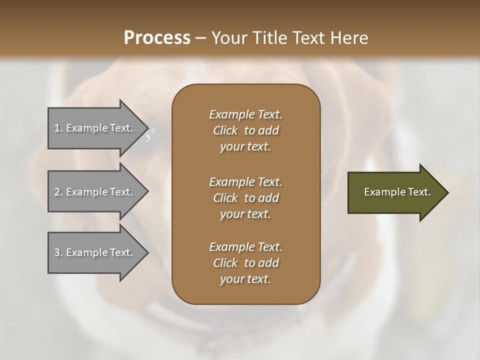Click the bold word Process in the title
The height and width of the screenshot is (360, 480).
[157, 38]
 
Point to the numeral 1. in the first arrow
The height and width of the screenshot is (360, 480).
[58, 128]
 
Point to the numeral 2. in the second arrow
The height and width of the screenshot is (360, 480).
[58, 192]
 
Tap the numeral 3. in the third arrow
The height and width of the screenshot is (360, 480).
[58, 252]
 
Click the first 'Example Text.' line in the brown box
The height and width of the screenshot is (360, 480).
[245, 114]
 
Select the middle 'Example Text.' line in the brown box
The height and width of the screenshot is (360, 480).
[245, 181]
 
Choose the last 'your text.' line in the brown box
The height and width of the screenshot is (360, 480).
[245, 279]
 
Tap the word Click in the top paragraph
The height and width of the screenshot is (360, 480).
[225, 130]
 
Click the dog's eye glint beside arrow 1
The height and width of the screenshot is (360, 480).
[149, 134]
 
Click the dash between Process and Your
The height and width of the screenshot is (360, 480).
[200, 38]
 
